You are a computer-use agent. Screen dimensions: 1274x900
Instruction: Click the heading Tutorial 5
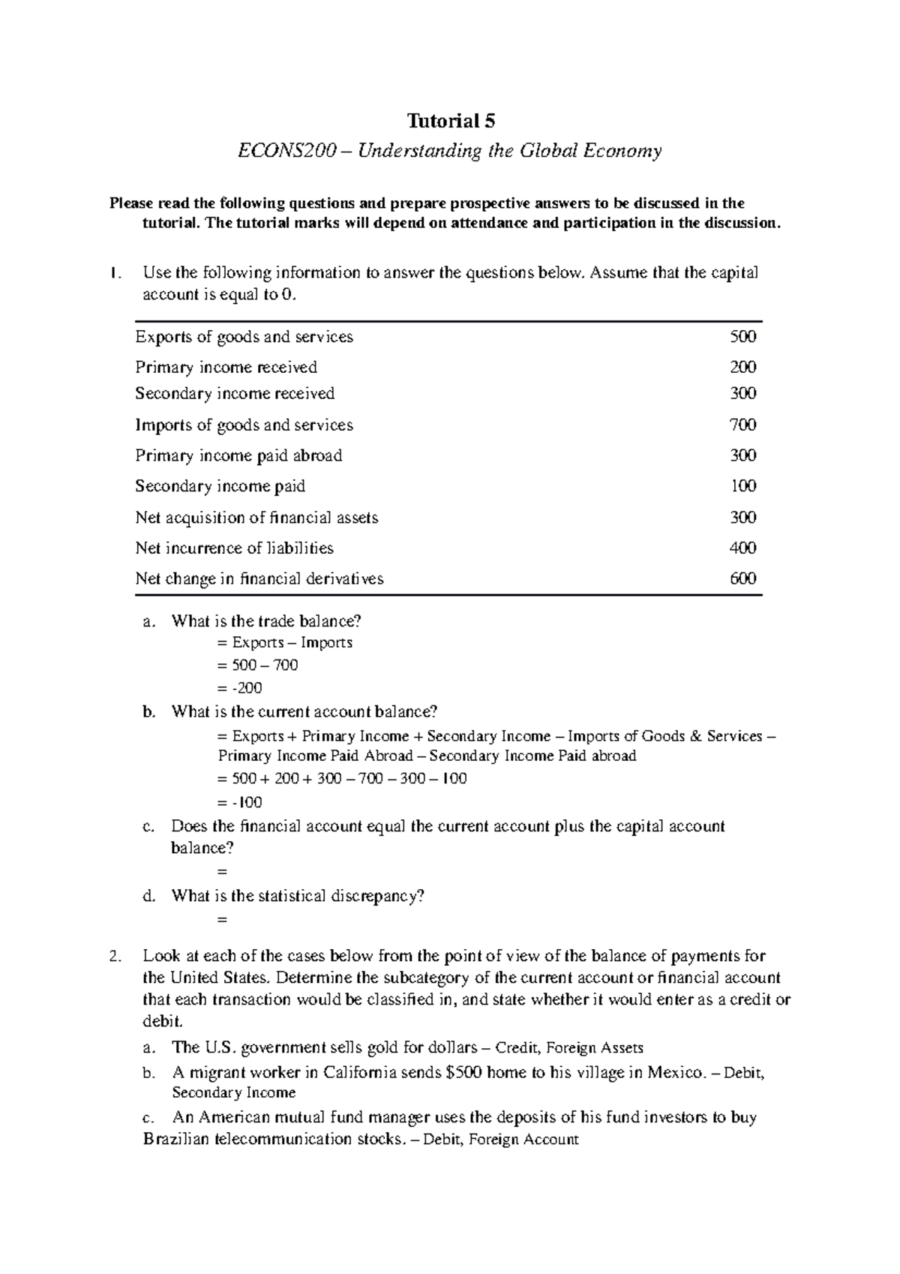(451, 121)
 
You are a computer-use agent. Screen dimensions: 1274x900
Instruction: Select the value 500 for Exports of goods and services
(743, 337)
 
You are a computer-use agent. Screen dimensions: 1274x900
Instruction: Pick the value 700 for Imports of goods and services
(743, 425)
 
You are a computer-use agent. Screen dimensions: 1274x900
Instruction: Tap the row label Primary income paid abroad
(238, 456)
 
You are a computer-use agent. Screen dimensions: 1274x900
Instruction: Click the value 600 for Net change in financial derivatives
(743, 579)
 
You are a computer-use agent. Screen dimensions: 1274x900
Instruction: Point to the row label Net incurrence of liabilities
(234, 548)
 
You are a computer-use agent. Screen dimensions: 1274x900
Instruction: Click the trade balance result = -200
(239, 688)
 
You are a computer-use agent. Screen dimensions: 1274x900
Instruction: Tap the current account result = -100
(239, 803)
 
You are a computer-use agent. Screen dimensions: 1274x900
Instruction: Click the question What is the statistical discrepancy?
(298, 896)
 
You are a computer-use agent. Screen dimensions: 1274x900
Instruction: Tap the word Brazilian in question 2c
(177, 1140)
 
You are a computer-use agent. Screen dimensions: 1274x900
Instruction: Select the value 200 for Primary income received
(743, 368)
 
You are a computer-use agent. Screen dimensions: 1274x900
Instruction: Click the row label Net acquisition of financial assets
(256, 518)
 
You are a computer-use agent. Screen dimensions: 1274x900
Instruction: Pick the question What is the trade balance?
(266, 621)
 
